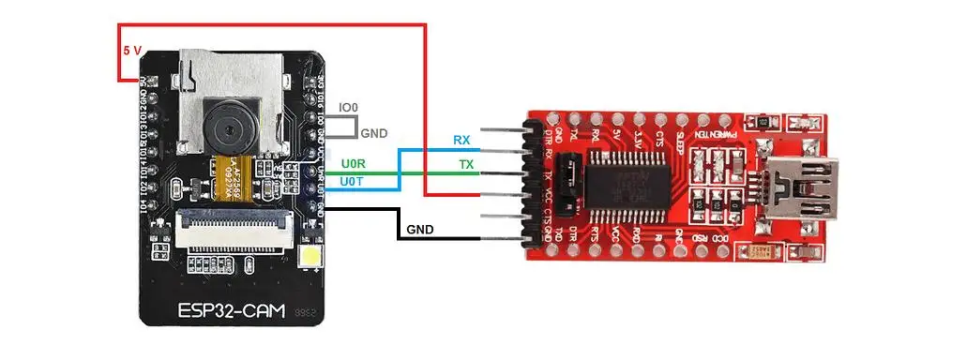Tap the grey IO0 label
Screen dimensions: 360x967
click(347, 109)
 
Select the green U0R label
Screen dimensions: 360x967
click(354, 164)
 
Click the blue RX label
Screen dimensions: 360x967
click(461, 140)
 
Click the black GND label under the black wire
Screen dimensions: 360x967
click(420, 230)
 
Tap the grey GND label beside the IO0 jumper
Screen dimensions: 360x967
click(374, 133)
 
